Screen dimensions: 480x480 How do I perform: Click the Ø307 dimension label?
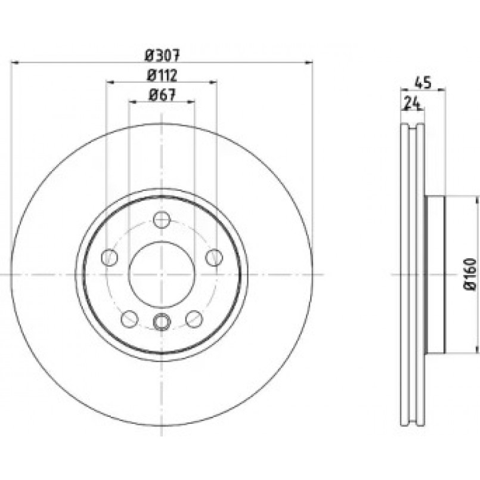[162, 55]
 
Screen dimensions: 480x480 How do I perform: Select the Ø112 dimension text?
[162, 75]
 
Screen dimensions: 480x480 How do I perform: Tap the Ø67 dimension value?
[162, 95]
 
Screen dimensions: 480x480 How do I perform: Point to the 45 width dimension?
[423, 83]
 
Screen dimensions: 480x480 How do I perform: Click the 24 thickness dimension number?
[411, 103]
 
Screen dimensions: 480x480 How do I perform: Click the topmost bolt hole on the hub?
[162, 219]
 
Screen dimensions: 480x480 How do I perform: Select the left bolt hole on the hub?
[109, 258]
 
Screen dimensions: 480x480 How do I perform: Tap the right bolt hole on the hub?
[214, 258]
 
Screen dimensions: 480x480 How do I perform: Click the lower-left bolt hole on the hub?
[129, 318]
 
